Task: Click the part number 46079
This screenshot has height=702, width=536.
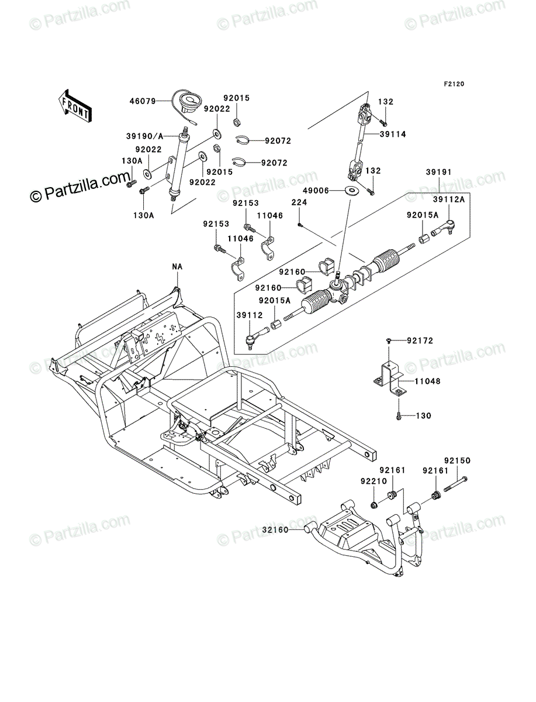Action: pos(142,101)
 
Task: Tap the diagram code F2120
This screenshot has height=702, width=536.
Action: pos(454,84)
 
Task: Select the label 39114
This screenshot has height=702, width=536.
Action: pos(393,134)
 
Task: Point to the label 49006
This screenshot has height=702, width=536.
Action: pos(316,191)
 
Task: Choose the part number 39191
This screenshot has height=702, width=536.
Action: pos(438,172)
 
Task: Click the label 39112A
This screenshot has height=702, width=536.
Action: pos(449,199)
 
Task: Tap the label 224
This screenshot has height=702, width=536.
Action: pos(299,202)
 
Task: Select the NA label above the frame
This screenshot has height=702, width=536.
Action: pos(177,266)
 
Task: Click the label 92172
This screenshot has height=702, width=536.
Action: pos(420,341)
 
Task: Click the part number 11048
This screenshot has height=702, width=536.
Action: pos(427,381)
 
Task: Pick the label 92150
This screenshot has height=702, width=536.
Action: pos(457,460)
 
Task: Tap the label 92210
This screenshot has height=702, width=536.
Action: pos(374,481)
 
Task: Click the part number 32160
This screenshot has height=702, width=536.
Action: pos(275,530)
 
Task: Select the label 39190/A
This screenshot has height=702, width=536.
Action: pos(145,136)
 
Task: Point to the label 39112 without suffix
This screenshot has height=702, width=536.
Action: pos(250,315)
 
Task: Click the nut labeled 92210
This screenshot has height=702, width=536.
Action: pos(374,505)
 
